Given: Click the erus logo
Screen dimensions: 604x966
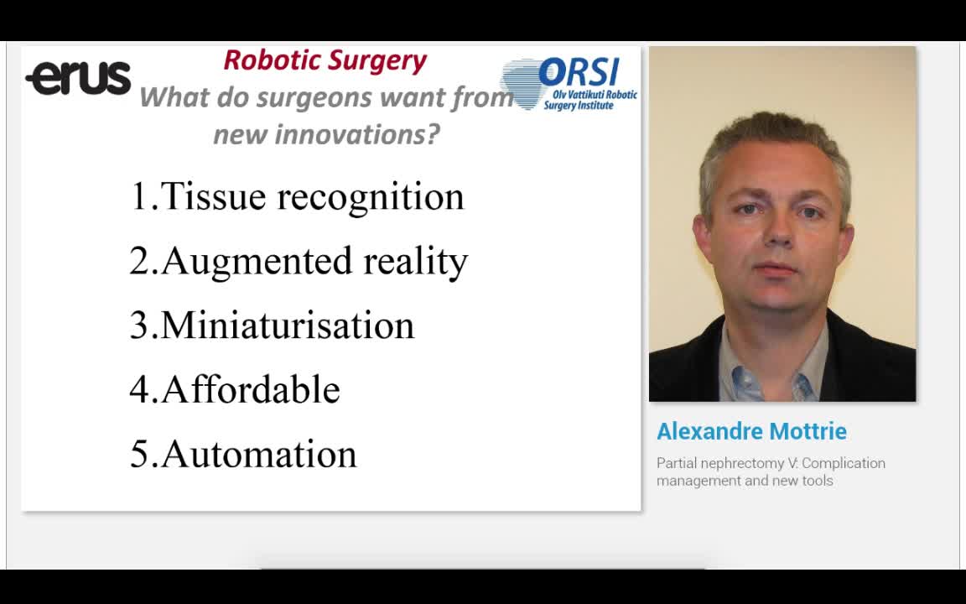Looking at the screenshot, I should [x=78, y=78].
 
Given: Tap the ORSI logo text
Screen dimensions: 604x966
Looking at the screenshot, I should [x=578, y=72].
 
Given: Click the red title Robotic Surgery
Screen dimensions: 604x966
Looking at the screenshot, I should [x=325, y=60].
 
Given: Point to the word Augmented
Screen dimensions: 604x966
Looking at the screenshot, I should [x=257, y=261].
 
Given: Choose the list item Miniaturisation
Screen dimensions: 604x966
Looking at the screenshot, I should [x=287, y=325].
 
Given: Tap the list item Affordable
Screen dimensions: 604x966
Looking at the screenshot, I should [x=250, y=390].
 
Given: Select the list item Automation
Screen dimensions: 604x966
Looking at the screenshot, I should [x=258, y=454].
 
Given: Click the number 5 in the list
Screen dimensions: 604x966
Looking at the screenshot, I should [x=138, y=454].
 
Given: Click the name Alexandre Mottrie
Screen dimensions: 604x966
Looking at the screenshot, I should [x=751, y=431].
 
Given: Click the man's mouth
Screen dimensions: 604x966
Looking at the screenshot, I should [x=776, y=270].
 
